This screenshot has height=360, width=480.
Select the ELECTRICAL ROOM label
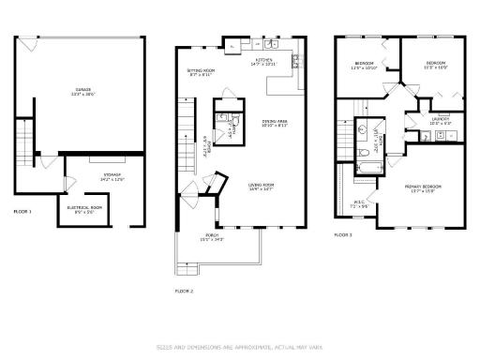click(84, 208)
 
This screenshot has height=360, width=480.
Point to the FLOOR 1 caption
click(22, 212)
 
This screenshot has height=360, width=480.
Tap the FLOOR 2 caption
click(184, 292)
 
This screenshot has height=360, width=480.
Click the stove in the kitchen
click(294, 63)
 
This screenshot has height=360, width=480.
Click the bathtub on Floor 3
click(363, 169)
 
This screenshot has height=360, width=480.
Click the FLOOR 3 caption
click(344, 234)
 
